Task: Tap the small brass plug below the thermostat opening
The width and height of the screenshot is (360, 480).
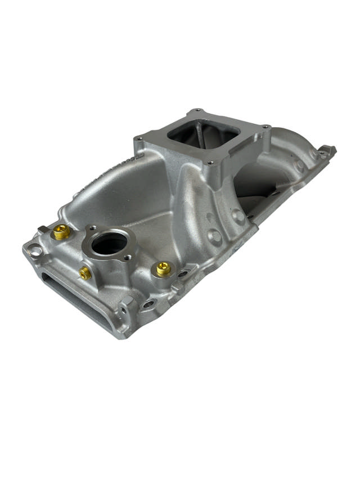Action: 85,273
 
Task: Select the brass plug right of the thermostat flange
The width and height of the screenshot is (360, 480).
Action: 163,269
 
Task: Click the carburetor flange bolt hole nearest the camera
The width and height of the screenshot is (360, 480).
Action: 210,163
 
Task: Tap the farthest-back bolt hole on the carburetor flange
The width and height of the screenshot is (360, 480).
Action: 196,111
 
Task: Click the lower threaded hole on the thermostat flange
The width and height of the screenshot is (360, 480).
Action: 128,258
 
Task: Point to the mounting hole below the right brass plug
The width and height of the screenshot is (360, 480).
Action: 148,304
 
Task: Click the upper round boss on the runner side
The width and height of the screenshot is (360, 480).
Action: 238,216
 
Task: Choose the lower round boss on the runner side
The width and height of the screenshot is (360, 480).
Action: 214,236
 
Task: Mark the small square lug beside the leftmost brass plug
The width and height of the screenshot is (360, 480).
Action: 43,229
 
